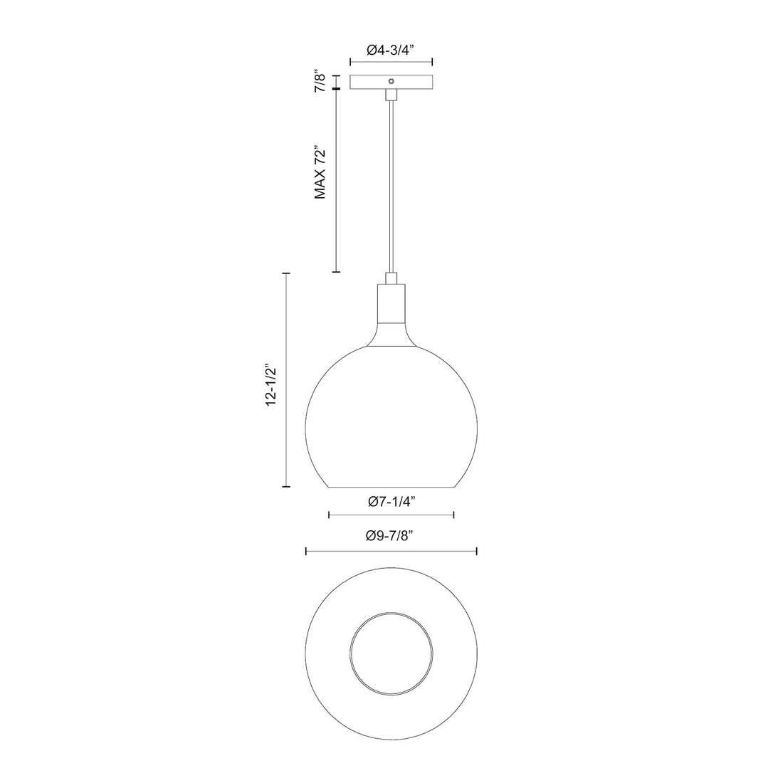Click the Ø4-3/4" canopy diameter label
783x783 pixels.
coord(390,50)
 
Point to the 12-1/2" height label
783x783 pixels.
coord(270,386)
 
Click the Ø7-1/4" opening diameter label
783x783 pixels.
coord(391,501)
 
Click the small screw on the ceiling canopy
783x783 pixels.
coord(391,82)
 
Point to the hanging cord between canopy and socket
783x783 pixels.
coord(391,185)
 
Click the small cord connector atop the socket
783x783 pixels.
coord(391,278)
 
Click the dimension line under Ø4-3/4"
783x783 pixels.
coord(391,63)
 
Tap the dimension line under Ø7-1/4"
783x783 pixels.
coord(391,514)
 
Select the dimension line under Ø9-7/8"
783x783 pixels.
coord(391,550)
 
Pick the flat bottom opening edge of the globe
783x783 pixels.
coord(391,488)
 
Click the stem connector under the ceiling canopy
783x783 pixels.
coord(391,95)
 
